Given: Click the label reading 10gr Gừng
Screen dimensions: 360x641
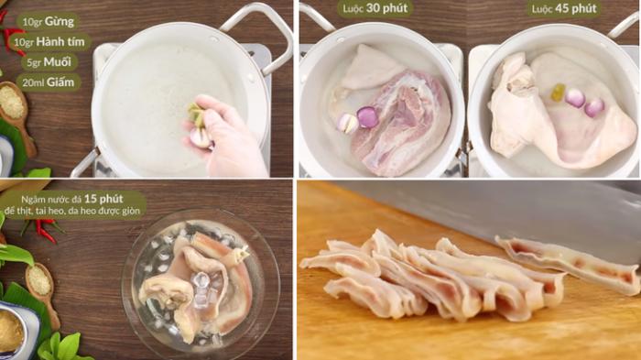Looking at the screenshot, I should coord(47,21).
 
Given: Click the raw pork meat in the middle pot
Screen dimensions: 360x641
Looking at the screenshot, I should coord(403,124).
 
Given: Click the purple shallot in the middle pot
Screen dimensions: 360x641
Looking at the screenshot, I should coord(367,116).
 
